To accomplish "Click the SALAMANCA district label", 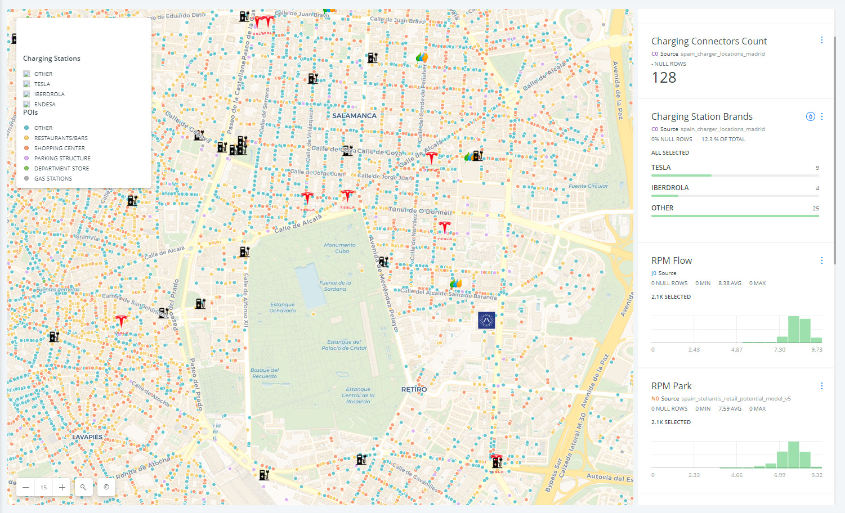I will pos(354,116).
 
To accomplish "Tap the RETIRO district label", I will pos(414,389).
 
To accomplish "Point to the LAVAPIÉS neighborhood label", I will pos(87,437).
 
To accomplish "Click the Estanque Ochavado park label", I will pos(282,308).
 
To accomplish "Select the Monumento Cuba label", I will pos(339,248).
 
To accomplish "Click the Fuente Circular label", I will pos(588,186).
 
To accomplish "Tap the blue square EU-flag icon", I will pos(486,320).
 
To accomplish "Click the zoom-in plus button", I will pos(62,487).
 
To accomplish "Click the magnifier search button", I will pos(83,487).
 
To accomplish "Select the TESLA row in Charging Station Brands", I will pos(661,168).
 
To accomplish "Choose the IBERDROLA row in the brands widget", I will pos(670,188).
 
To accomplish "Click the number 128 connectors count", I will pos(664,78).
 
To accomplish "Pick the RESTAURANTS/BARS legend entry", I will pos(61,138).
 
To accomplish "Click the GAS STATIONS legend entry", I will pos(53,179).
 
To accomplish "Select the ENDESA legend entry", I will pos(44,105).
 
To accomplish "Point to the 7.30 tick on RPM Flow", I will pos(779,350).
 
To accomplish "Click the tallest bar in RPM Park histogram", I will pos(793,454).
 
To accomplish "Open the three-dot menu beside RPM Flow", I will pos(822,260).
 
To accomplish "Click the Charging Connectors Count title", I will pos(709,41).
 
